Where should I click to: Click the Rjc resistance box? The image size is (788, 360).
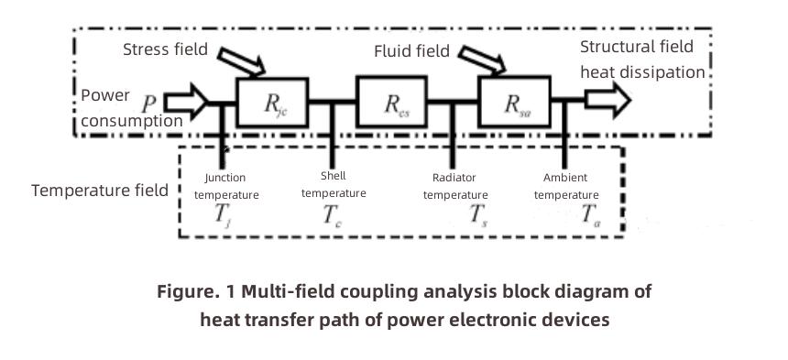(x=272, y=103)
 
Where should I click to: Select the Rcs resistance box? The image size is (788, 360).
(x=393, y=103)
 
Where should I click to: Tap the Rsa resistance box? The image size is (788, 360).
(x=514, y=103)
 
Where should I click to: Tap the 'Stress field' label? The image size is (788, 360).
(x=165, y=49)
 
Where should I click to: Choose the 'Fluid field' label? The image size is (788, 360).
(x=411, y=50)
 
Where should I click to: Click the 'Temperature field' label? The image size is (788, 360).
(x=99, y=191)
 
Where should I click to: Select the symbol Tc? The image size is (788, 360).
(x=332, y=217)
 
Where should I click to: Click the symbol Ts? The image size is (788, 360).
(x=476, y=217)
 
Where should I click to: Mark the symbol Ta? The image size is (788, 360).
(x=591, y=217)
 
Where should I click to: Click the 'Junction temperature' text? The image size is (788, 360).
(x=225, y=186)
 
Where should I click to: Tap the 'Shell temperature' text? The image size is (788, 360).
(x=334, y=184)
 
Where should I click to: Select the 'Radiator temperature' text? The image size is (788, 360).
(x=460, y=186)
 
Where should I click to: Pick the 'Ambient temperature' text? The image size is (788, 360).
(x=565, y=186)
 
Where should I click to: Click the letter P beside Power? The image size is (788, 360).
(x=148, y=96)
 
